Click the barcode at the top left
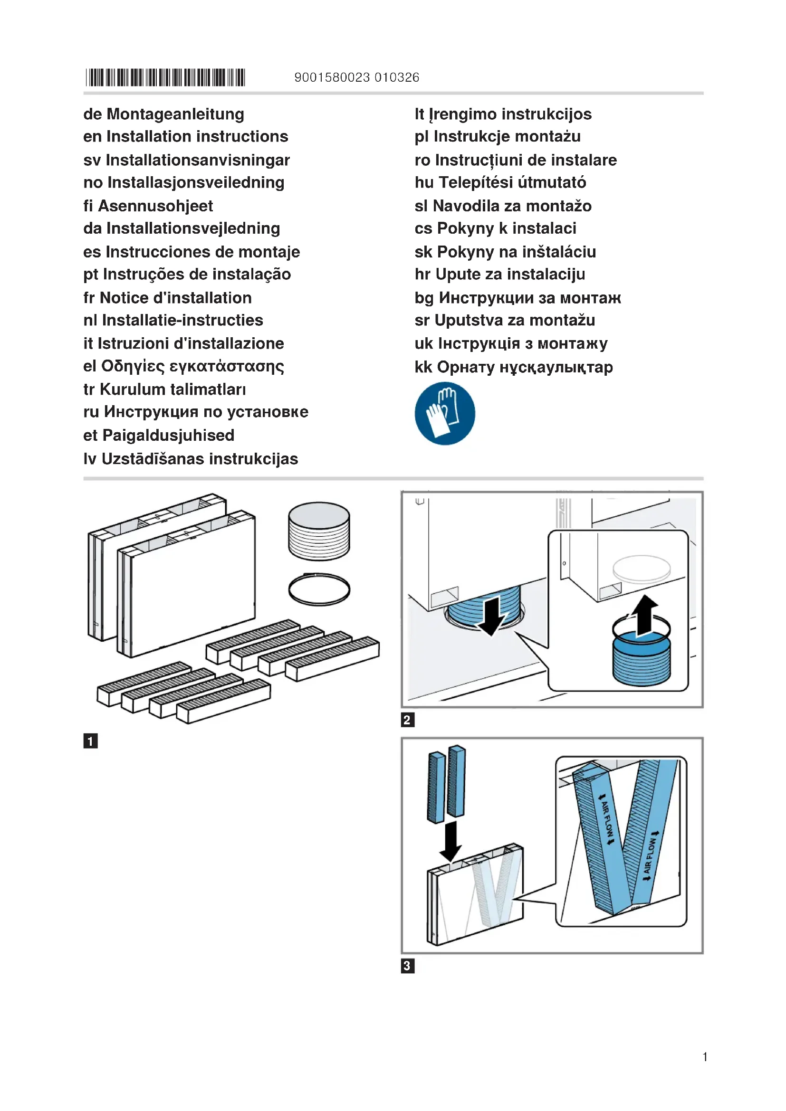[165, 77]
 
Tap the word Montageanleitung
[175, 114]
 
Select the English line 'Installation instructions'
[197, 136]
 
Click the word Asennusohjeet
[155, 206]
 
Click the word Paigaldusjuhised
[168, 435]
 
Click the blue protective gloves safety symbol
[445, 413]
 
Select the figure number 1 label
[90, 741]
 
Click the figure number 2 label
[408, 720]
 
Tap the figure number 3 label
[408, 966]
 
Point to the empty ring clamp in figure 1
[319, 589]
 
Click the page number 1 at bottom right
[705, 1057]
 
